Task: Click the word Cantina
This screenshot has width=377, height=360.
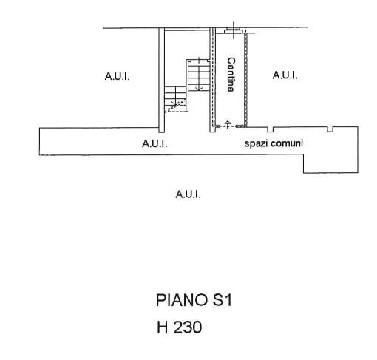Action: click(231, 75)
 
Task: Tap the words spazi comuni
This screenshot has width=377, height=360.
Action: click(274, 143)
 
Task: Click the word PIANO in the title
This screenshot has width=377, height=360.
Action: click(182, 300)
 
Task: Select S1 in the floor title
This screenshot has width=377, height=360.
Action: click(223, 300)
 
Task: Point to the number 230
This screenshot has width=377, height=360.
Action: click(188, 327)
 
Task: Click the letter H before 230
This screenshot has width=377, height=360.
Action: click(163, 327)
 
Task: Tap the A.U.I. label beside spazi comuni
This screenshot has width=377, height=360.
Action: click(154, 143)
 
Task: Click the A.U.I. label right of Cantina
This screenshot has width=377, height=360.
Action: click(285, 75)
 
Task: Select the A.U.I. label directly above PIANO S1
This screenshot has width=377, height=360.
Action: click(188, 194)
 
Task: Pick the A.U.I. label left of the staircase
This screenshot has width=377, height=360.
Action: click(118, 76)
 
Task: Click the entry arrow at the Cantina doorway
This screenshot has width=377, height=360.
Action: click(227, 124)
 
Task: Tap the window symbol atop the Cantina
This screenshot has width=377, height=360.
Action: click(234, 31)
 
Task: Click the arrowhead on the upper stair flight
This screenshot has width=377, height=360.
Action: click(199, 88)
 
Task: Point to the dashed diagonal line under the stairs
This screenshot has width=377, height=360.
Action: click(175, 106)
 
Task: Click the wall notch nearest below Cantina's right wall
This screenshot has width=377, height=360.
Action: click(271, 129)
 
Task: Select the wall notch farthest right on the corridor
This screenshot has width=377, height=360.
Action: click(330, 129)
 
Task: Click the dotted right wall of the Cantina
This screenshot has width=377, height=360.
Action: click(245, 80)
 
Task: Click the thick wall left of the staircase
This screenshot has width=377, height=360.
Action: click(161, 80)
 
